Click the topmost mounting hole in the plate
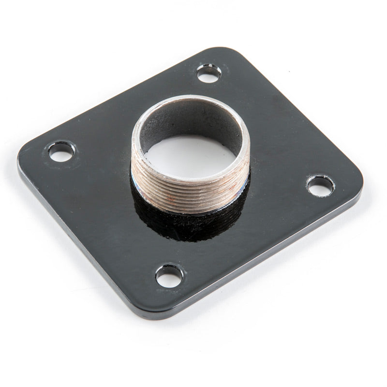click(209, 74)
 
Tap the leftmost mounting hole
click(61, 152)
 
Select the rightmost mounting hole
click(320, 186)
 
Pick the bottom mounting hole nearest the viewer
click(169, 276)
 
